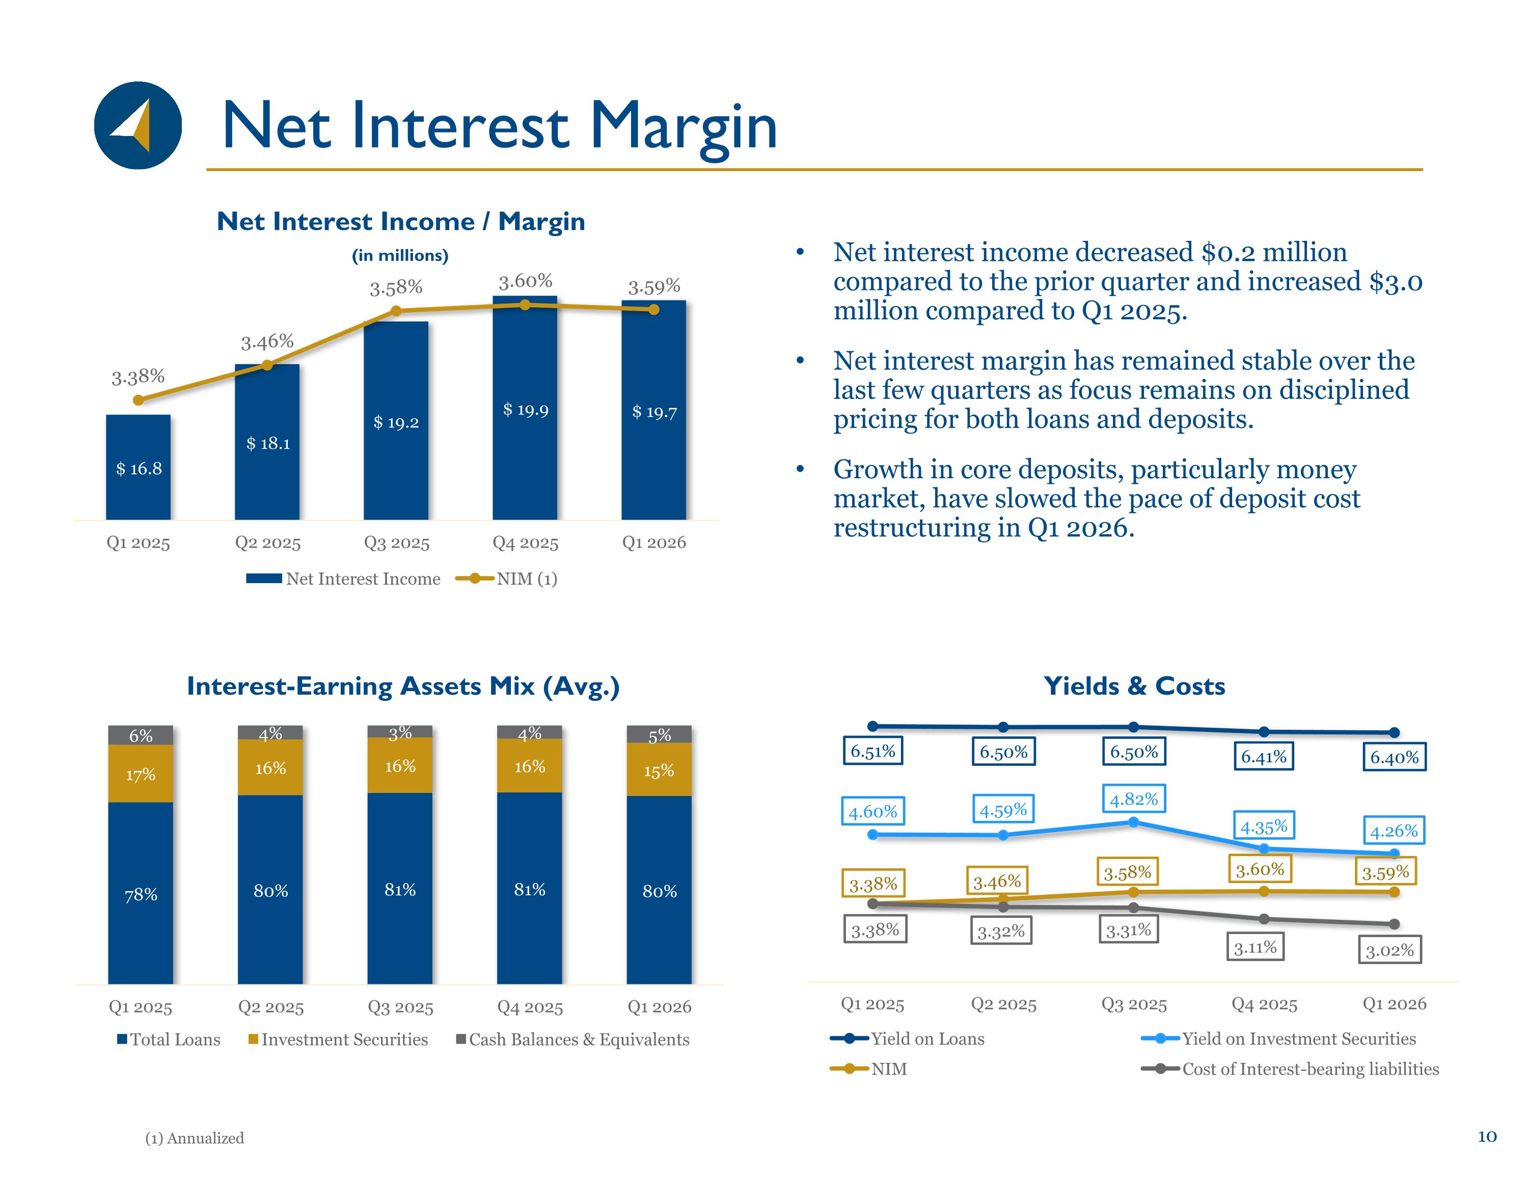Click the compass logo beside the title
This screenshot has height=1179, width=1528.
click(138, 125)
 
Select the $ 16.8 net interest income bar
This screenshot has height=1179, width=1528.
click(138, 468)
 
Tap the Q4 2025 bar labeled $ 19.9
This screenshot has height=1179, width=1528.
click(525, 408)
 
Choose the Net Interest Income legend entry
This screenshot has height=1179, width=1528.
click(343, 579)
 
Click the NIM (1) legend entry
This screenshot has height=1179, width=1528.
click(506, 579)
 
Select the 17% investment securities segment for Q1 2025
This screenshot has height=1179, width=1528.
click(141, 774)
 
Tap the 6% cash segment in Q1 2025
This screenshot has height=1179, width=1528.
click(141, 735)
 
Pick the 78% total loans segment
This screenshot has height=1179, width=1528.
click(141, 893)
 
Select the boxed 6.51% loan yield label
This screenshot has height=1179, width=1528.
click(872, 751)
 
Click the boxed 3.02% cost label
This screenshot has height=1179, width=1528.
click(1389, 949)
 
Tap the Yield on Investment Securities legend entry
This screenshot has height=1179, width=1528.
click(1278, 1038)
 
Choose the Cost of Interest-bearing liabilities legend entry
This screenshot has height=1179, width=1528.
click(1290, 1068)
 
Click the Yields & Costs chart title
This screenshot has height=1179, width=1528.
click(1134, 686)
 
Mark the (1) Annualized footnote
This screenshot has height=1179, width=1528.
click(195, 1138)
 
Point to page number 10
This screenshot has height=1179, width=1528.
click(1487, 1136)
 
